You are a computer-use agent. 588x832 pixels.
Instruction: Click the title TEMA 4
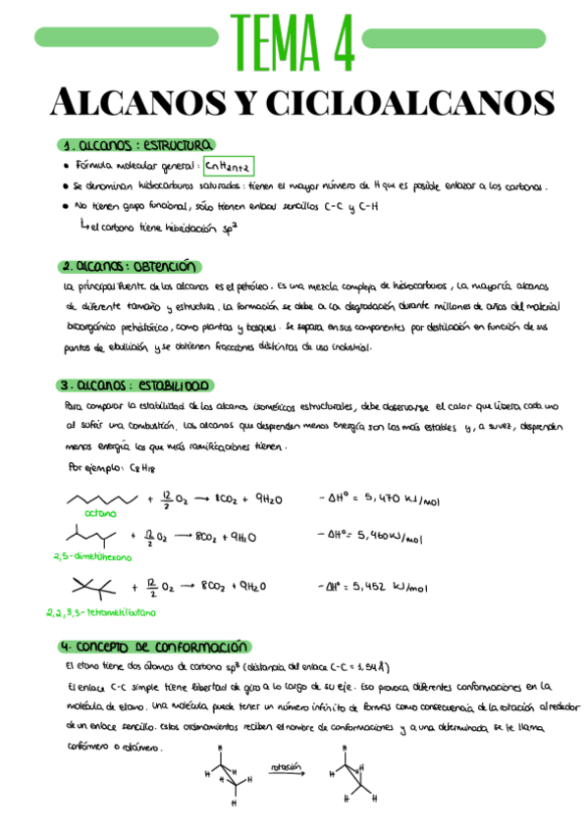click(x=294, y=41)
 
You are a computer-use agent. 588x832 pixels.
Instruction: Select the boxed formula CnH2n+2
click(x=230, y=166)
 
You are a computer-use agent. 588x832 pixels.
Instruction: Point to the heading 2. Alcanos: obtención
click(x=129, y=266)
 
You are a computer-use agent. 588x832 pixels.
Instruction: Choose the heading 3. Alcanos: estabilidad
click(x=137, y=386)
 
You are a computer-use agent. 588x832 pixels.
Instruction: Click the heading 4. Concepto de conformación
click(x=151, y=648)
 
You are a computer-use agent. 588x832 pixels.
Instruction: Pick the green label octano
click(x=100, y=512)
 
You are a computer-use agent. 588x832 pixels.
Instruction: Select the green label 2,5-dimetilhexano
click(x=90, y=554)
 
